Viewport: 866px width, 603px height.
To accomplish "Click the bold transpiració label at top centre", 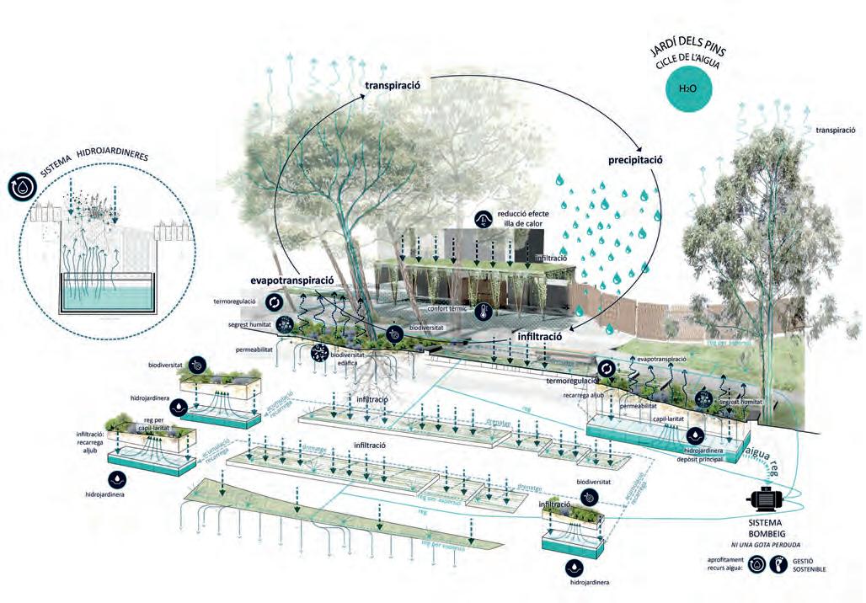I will [398, 85].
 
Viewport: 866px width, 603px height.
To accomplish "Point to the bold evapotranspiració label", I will [292, 280].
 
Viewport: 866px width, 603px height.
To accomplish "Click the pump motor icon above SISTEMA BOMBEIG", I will [766, 499].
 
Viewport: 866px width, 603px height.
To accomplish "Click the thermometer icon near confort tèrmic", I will [483, 312].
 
